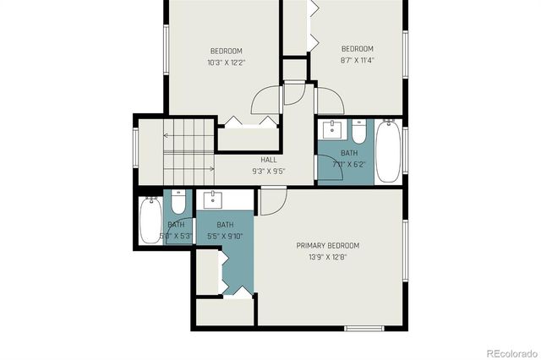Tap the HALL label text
point(269,160)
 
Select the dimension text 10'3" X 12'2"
point(227,63)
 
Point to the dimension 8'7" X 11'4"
point(357,60)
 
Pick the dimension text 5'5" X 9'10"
point(225,236)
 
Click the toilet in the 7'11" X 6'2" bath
point(358,133)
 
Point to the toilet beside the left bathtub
point(178,203)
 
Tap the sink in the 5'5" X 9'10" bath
point(212,200)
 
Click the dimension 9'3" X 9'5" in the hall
point(269,171)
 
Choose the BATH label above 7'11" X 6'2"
point(349,153)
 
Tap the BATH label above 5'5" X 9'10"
point(225,225)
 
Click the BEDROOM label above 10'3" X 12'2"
point(227,51)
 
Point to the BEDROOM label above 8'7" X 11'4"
point(357,48)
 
